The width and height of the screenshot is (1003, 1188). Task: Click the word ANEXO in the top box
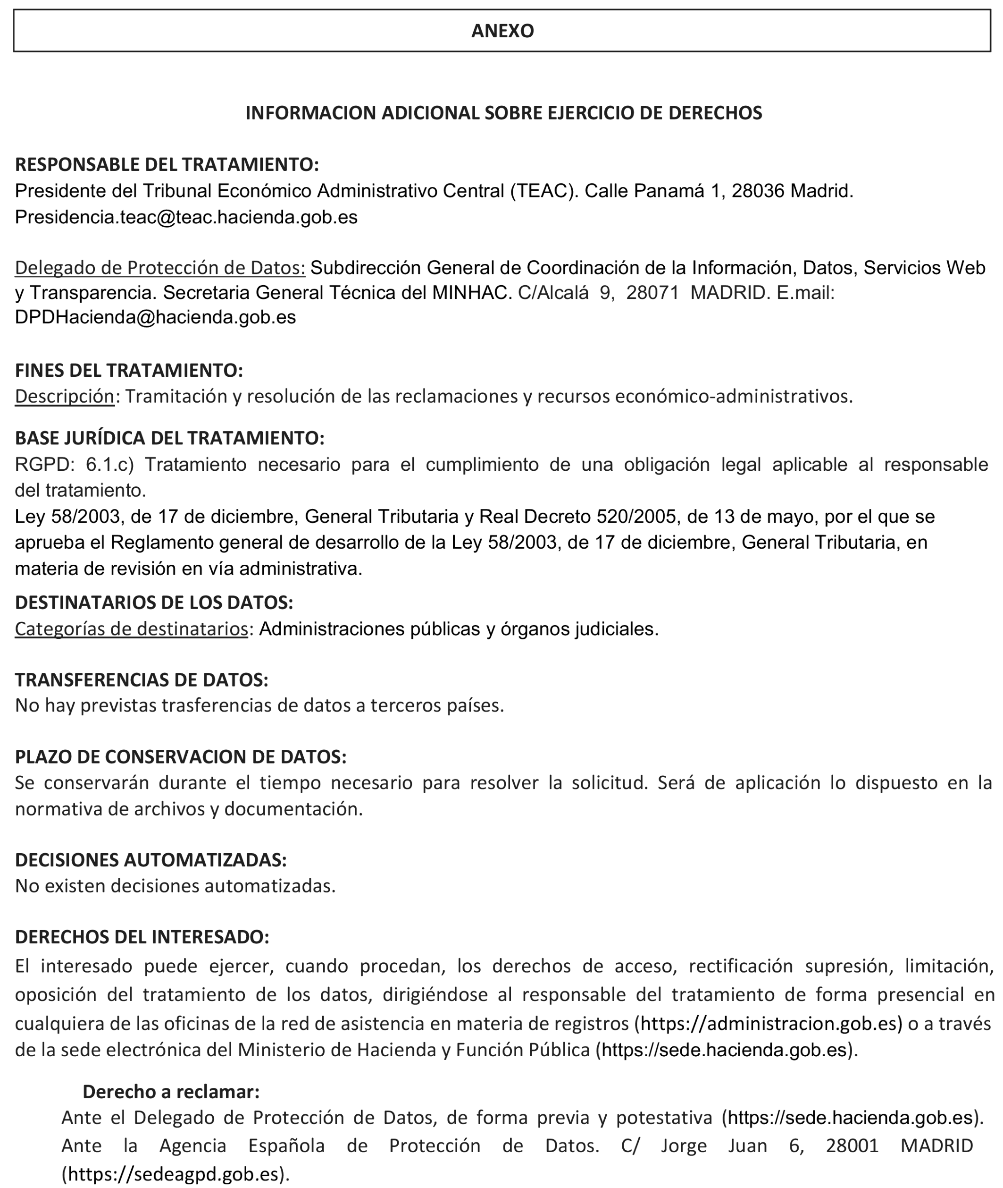pyautogui.click(x=502, y=31)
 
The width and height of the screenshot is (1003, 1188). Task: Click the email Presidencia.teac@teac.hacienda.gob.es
pyautogui.click(x=186, y=217)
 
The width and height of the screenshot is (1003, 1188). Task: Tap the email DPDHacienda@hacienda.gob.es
pyautogui.click(x=155, y=317)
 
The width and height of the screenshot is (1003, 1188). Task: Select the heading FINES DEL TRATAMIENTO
pyautogui.click(x=128, y=370)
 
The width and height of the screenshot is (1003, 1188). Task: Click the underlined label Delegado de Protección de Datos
pyautogui.click(x=160, y=267)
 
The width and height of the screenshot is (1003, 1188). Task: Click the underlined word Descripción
pyautogui.click(x=64, y=396)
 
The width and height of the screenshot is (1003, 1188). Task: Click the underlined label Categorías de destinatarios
pyautogui.click(x=131, y=629)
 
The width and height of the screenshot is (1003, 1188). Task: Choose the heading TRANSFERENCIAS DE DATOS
pyautogui.click(x=142, y=679)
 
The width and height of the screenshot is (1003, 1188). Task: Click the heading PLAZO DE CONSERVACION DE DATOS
pyautogui.click(x=180, y=757)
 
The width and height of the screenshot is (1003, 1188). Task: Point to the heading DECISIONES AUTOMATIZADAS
pyautogui.click(x=150, y=860)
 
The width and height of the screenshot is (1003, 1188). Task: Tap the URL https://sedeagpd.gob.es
pyautogui.click(x=175, y=1174)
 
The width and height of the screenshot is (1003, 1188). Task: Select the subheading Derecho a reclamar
pyautogui.click(x=171, y=1091)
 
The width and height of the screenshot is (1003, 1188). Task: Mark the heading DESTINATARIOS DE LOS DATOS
pyautogui.click(x=153, y=602)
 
